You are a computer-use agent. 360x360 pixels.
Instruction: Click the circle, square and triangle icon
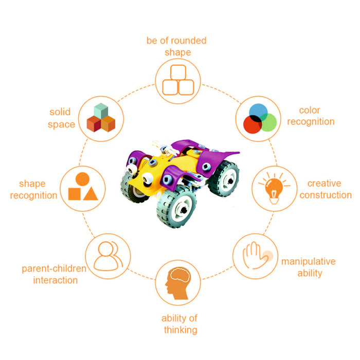(x=83, y=187)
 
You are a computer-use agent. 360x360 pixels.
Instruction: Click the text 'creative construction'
(x=326, y=189)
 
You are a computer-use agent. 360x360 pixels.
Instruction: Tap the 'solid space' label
(x=61, y=118)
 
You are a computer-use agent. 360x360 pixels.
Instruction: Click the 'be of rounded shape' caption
(x=177, y=46)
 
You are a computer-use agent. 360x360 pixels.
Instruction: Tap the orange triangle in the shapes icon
(x=90, y=193)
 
